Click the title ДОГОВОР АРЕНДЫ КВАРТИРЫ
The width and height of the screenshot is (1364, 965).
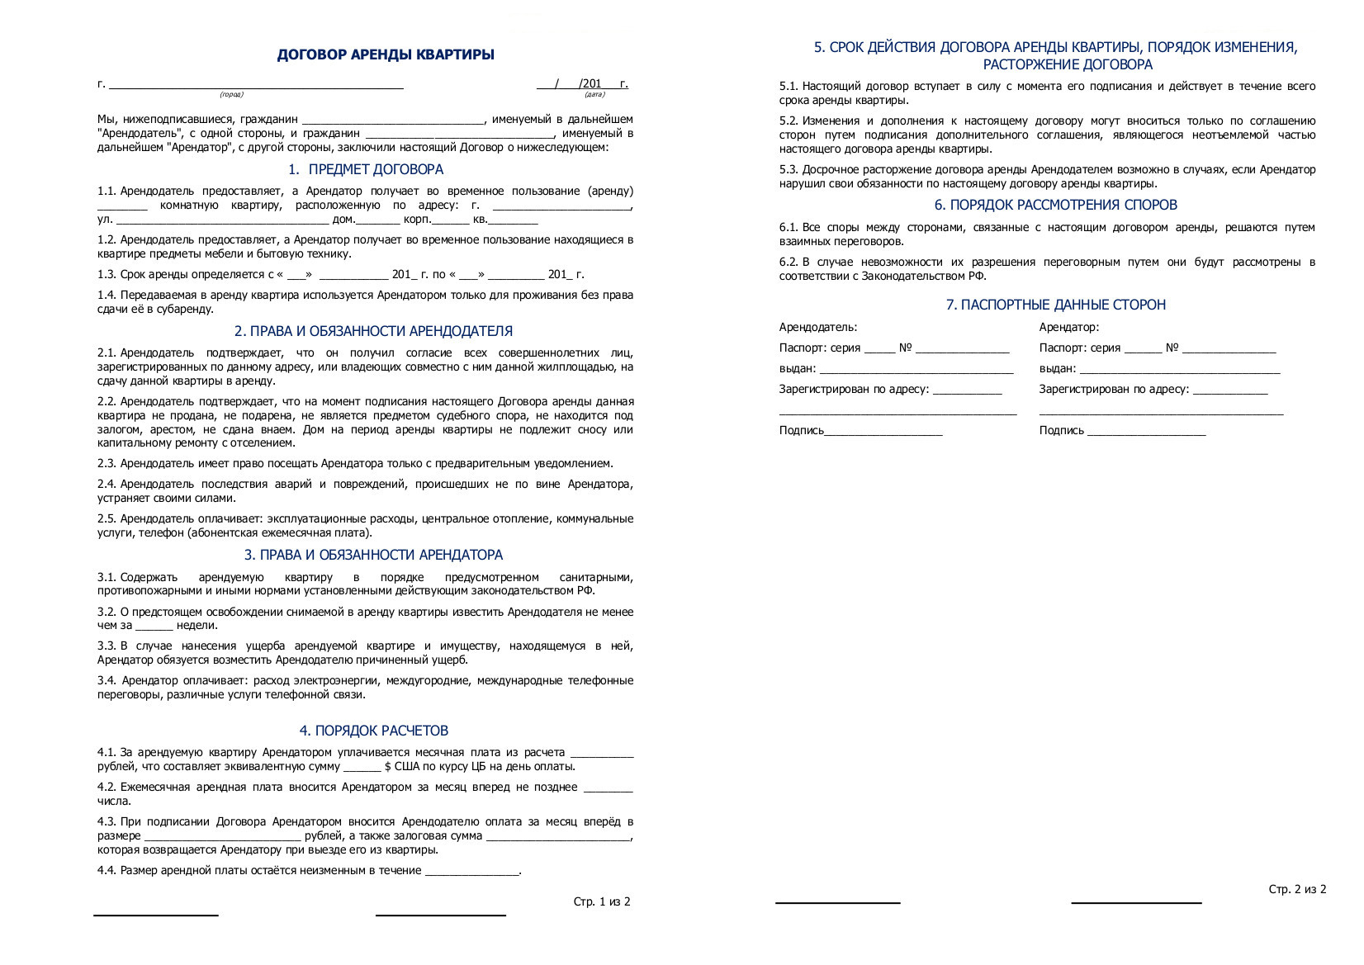pos(386,55)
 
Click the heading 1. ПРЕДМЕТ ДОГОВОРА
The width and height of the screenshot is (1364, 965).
pos(366,170)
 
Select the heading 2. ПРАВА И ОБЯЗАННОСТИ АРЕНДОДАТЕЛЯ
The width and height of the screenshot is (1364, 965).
pos(373,332)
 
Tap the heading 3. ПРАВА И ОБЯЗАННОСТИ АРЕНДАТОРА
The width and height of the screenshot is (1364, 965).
pos(373,556)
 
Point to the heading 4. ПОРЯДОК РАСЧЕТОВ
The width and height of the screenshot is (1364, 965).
pos(373,731)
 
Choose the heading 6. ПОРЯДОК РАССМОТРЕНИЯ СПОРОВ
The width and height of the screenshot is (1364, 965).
pos(1055,206)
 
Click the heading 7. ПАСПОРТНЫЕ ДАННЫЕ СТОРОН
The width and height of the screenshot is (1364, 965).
pos(1055,305)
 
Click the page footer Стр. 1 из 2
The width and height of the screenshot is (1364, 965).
pos(601,902)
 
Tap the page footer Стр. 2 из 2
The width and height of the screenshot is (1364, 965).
pos(1297,890)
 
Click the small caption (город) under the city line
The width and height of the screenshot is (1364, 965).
pos(231,95)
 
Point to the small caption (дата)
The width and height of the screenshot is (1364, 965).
pos(594,95)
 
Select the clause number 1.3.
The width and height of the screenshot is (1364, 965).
pos(107,275)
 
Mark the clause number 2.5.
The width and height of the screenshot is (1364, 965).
pos(107,519)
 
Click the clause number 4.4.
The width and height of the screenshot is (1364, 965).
pos(107,871)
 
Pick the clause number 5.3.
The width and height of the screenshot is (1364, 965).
pos(789,170)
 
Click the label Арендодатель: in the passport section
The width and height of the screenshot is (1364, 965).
pos(817,328)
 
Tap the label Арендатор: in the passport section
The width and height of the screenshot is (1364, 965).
pos(1068,328)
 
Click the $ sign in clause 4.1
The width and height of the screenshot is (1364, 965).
pos(388,767)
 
